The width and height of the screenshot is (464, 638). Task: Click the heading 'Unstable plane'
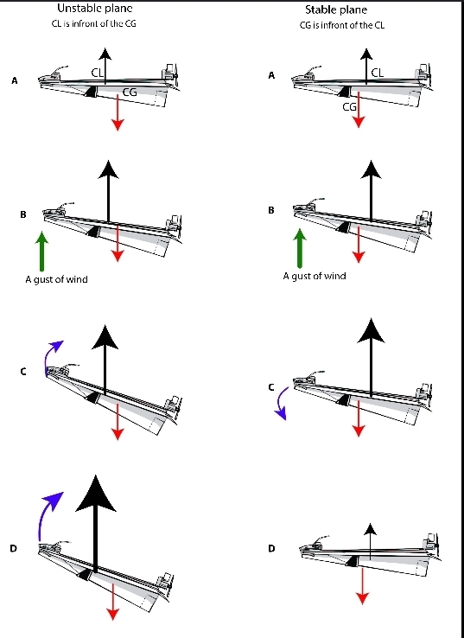95,9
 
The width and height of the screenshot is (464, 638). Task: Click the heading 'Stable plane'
336,10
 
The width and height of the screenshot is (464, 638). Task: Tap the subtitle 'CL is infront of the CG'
94,23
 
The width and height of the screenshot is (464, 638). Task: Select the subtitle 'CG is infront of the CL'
341,25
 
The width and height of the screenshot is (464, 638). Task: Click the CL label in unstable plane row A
97,73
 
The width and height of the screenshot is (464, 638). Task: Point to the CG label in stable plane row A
349,107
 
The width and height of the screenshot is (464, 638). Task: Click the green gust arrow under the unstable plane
41,251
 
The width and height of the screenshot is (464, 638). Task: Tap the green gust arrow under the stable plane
300,248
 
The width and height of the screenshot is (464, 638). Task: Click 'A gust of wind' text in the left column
56,279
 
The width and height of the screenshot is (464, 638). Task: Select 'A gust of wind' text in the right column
315,277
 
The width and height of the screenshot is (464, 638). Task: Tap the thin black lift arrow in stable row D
370,541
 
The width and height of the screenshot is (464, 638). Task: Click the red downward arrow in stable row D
362,586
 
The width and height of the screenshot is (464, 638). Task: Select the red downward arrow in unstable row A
118,112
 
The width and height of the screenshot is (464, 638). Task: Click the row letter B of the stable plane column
271,210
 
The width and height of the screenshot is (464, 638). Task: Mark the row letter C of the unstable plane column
23,372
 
